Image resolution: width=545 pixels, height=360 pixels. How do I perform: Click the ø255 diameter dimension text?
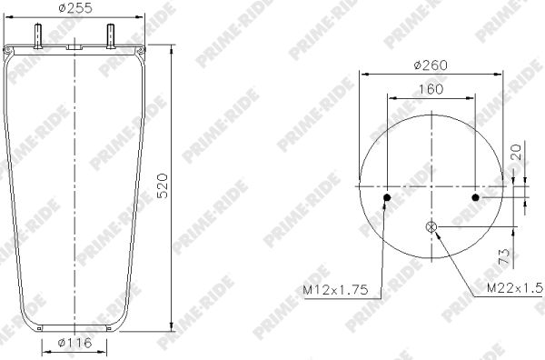pos(75,7)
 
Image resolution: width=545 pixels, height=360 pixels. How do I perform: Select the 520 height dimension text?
pos(163,185)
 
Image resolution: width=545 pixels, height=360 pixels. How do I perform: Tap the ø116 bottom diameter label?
pos(74,343)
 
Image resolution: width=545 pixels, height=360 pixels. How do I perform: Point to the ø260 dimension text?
pos(431,65)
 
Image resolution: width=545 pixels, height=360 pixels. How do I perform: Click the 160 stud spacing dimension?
pos(431,89)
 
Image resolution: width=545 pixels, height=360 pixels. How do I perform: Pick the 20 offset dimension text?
pos(518,152)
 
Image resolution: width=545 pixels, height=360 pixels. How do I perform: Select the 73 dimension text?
pos(504,256)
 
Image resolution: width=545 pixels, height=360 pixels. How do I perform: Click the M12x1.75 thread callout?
pos(335,289)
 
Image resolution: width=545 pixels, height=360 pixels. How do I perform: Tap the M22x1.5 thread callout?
pos(515,287)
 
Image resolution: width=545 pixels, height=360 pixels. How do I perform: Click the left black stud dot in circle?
pos(387,198)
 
